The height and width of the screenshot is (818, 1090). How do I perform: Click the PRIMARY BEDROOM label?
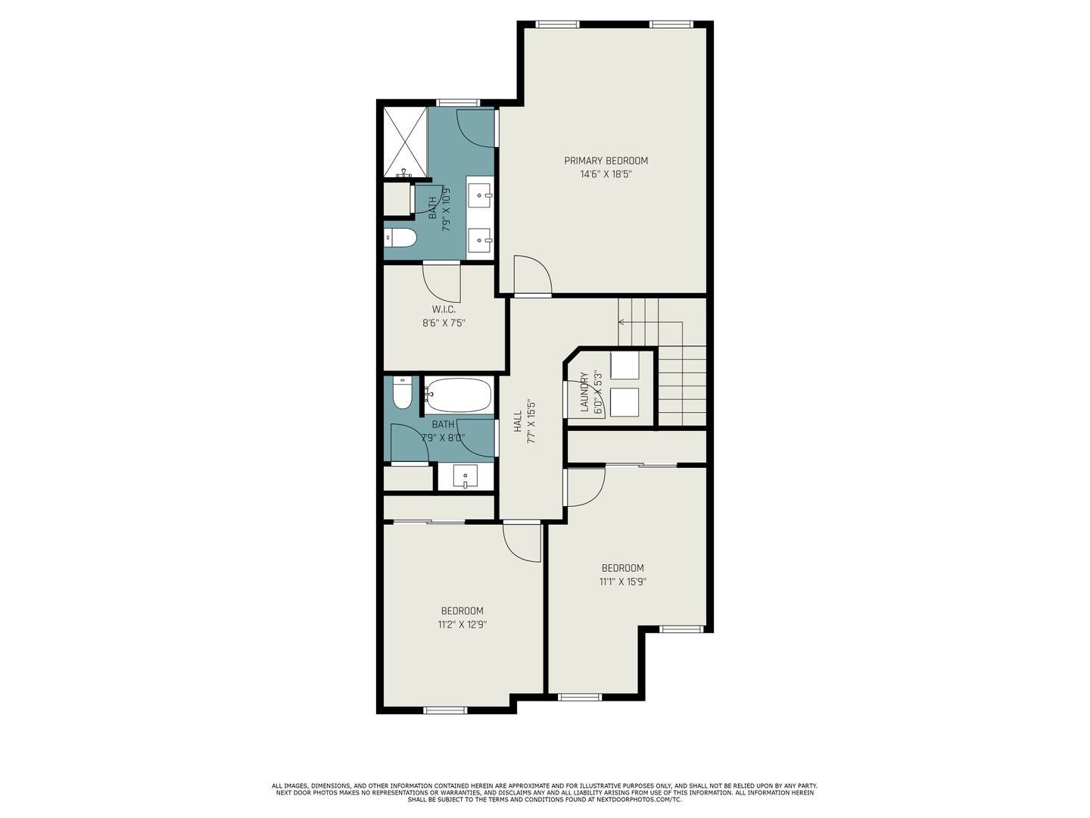606,161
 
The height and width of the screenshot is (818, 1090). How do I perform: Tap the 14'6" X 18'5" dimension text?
606,174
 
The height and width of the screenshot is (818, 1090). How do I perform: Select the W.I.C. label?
444,310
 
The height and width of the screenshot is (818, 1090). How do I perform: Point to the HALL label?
518,420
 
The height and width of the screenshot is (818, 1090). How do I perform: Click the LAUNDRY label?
584,392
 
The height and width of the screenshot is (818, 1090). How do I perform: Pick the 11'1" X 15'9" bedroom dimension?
623,582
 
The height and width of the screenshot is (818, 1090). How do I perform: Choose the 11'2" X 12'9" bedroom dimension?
462,624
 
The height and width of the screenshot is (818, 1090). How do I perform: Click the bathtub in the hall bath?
459,395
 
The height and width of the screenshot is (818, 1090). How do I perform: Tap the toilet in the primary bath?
400,238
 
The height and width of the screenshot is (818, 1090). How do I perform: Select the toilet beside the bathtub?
402,392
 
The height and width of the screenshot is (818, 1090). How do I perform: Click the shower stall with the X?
405,142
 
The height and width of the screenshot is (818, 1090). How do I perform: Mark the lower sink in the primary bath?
480,241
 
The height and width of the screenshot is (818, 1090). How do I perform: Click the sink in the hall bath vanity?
465,477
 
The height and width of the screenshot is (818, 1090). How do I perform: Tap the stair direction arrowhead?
621,323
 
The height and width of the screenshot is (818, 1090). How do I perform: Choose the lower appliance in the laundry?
624,401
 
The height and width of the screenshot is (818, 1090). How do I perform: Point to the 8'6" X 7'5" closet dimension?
444,323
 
